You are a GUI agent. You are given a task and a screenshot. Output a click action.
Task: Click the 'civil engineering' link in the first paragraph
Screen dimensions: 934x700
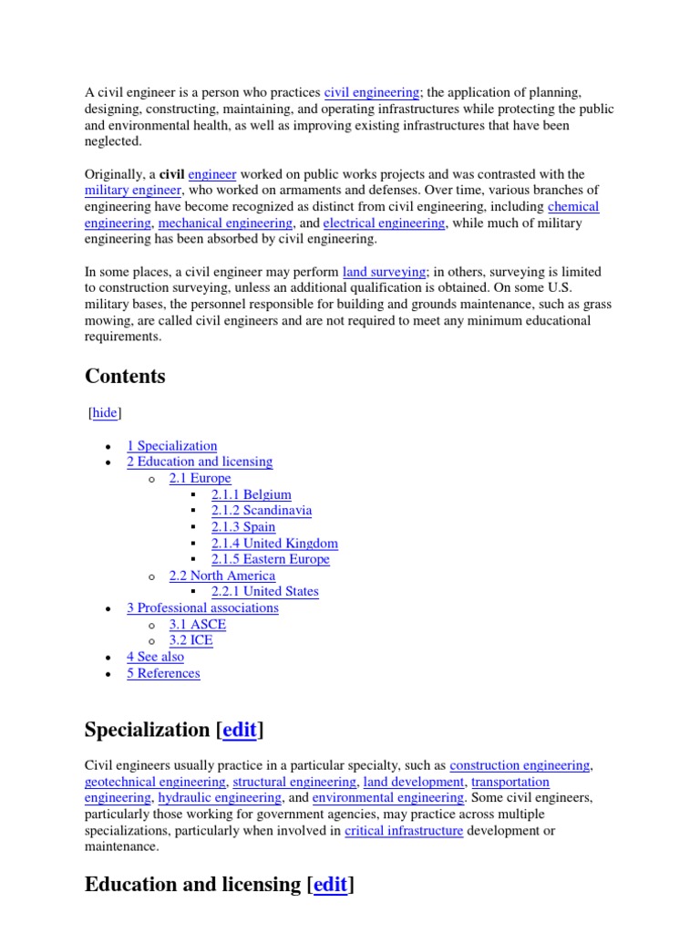[372, 93]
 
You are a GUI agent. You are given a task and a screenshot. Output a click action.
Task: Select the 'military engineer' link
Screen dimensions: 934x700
[133, 190]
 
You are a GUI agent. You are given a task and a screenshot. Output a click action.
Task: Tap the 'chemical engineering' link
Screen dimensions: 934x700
[573, 206]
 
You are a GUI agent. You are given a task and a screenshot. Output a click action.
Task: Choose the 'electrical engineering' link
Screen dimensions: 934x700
[384, 223]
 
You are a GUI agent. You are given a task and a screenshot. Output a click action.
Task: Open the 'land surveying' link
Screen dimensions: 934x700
[384, 272]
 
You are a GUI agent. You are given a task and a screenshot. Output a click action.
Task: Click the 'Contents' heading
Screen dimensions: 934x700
[125, 377]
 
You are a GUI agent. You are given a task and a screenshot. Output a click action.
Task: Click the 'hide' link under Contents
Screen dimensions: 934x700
[105, 413]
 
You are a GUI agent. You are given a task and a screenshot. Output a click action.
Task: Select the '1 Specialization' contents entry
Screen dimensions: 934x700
[171, 446]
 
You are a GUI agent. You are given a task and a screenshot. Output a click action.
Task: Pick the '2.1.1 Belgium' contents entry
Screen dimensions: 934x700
[251, 494]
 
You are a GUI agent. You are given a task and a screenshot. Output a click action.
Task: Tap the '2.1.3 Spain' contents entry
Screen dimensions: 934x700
[242, 527]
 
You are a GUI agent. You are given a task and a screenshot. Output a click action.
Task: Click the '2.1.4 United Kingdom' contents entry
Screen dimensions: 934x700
[274, 544]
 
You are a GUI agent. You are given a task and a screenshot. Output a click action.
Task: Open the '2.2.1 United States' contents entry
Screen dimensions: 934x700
[264, 591]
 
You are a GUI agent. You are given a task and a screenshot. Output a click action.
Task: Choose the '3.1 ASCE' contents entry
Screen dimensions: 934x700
[197, 625]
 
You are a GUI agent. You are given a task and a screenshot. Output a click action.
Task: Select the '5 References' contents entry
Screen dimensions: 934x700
[163, 673]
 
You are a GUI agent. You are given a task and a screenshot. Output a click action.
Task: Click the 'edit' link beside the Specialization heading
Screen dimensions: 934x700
[239, 730]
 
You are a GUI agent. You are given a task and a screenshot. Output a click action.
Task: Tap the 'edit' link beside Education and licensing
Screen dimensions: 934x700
[330, 885]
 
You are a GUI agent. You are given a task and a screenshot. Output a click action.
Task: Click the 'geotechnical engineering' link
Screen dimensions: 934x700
[155, 782]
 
